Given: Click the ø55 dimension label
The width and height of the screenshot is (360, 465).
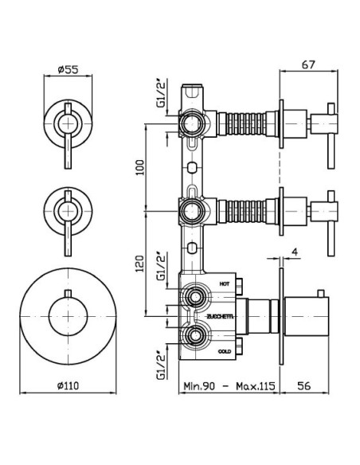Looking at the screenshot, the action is (68, 70).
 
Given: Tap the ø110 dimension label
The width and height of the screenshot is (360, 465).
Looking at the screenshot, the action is (68, 385).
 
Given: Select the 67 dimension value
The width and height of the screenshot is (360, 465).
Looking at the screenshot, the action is (308, 64).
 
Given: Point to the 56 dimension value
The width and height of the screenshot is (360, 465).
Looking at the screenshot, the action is (304, 385).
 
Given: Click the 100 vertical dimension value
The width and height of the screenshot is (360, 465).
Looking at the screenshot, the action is (140, 167).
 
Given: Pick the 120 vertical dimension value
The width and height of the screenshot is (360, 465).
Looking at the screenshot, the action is (140, 264).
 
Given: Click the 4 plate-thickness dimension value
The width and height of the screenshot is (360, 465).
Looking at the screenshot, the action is (295, 252).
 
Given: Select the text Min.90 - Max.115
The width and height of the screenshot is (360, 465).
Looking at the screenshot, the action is (229, 386).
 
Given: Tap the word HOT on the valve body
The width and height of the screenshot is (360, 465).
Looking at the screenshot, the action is (225, 283).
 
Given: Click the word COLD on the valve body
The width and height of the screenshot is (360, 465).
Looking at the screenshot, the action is (225, 351).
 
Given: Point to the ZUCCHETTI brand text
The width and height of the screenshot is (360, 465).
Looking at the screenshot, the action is (221, 316).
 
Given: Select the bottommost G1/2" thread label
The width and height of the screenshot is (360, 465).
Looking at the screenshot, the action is (162, 366).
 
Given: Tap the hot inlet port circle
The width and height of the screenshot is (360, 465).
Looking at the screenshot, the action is (195, 297).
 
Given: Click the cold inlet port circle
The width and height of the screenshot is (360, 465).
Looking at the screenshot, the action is (195, 336).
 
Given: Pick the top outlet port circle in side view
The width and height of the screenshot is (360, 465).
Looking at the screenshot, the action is (193, 123).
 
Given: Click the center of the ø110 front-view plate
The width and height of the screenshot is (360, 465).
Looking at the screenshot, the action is (68, 317).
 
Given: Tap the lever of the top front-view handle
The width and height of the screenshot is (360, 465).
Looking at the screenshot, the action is (68, 136).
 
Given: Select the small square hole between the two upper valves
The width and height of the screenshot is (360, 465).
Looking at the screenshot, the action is (192, 167).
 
